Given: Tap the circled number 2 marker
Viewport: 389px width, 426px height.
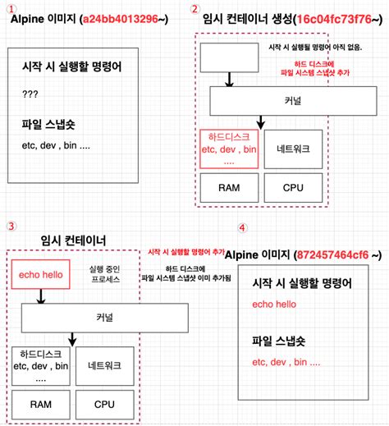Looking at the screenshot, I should (194, 9).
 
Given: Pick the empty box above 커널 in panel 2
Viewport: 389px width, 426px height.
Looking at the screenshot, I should (227, 57).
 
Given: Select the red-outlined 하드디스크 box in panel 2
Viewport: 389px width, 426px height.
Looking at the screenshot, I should (229, 149).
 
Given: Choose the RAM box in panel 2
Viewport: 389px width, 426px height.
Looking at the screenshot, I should (229, 187).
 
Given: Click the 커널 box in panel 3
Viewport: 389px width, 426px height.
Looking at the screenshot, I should (104, 318).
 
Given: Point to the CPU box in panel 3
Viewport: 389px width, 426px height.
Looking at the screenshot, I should (104, 404).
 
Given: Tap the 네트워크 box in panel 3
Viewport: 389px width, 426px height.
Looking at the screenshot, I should (104, 366).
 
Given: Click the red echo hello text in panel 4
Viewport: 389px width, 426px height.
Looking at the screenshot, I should (275, 305).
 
